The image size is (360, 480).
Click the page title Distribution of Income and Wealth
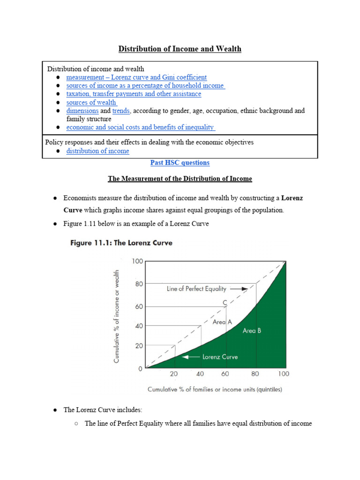pos(180,49)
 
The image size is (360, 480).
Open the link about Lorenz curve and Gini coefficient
pos(136,77)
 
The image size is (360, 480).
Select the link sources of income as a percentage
pos(145,86)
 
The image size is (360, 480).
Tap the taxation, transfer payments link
pos(134,94)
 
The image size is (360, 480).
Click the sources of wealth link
pos(91,103)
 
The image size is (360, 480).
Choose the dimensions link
pos(82,111)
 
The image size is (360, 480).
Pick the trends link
pos(120,111)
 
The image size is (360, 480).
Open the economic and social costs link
pos(140,127)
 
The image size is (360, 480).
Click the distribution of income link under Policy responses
pos(97,151)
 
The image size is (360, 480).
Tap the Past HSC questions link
pos(180,163)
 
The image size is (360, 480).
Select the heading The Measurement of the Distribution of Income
pos(180,179)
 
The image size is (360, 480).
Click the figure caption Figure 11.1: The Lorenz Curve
pos(121,243)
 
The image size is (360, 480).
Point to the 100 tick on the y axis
pos(137,261)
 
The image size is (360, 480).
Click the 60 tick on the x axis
pos(226,374)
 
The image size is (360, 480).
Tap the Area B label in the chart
pos(252,331)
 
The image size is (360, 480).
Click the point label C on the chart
pos(225,302)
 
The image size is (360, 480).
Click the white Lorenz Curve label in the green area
pos(220,357)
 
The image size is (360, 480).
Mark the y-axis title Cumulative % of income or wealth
pos(117,315)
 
